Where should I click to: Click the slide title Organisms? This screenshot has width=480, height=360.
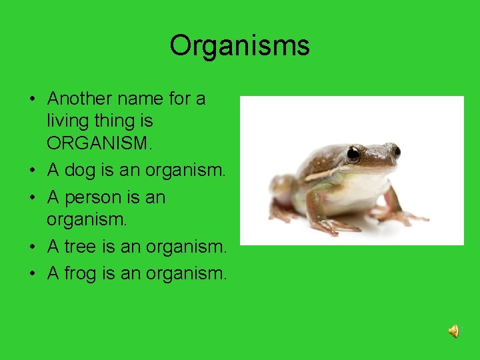pyautogui.click(x=239, y=46)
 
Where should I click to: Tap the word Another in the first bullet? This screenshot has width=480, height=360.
pyautogui.click(x=80, y=99)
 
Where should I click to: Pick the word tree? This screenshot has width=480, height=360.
pyautogui.click(x=80, y=247)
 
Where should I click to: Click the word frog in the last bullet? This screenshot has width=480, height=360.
pyautogui.click(x=81, y=273)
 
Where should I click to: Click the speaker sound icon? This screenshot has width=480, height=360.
pyautogui.click(x=453, y=331)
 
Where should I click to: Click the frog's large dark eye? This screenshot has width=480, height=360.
pyautogui.click(x=353, y=155)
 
